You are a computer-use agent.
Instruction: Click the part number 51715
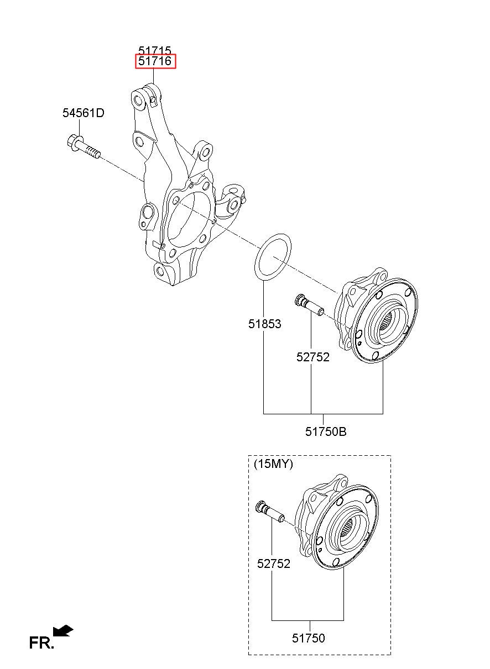click(154, 50)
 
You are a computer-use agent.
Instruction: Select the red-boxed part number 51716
click(155, 61)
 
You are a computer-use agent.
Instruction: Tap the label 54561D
click(84, 113)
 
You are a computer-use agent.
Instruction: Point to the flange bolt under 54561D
click(84, 148)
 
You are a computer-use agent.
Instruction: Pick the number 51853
click(264, 324)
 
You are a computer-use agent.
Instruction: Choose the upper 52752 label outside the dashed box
click(312, 357)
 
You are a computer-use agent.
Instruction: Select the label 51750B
click(326, 431)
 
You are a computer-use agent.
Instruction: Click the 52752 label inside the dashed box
click(274, 563)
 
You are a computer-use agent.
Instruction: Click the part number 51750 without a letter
click(308, 638)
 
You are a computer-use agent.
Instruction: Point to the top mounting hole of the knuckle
click(139, 100)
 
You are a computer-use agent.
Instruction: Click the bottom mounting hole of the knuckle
click(160, 271)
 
